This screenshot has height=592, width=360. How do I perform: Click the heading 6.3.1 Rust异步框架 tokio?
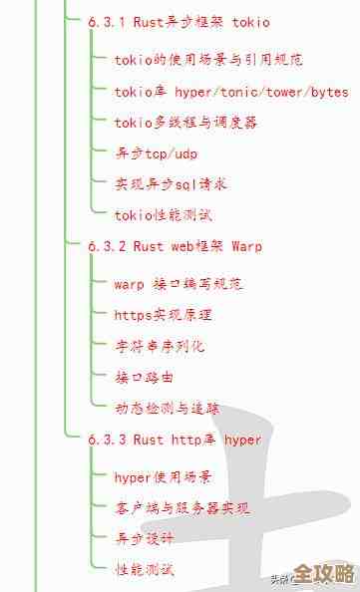click(x=179, y=22)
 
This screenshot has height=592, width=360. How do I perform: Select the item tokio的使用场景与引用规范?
click(x=208, y=60)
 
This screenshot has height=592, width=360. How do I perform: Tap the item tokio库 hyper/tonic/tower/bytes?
click(x=231, y=92)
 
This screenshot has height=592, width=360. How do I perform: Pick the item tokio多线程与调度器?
click(x=186, y=123)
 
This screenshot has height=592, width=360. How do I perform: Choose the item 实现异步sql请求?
click(x=172, y=184)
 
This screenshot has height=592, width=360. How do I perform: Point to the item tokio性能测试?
click(x=163, y=215)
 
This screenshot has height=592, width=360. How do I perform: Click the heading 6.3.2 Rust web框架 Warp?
click(x=175, y=245)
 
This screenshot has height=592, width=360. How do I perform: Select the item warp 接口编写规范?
click(x=179, y=284)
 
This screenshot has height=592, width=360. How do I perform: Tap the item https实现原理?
click(x=163, y=315)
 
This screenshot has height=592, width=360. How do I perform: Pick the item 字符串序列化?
click(x=160, y=346)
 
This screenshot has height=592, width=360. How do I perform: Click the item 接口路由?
click(x=145, y=377)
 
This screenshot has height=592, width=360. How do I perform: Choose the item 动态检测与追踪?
click(x=168, y=408)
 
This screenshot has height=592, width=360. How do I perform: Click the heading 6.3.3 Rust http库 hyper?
click(x=175, y=440)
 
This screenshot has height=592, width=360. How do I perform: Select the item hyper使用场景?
click(x=163, y=477)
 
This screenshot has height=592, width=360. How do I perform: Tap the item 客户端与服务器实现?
click(x=182, y=508)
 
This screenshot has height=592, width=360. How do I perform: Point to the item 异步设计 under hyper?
click(x=145, y=539)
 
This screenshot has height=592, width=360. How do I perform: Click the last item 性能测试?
click(x=145, y=570)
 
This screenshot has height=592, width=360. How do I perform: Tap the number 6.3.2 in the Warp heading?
click(x=107, y=245)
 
